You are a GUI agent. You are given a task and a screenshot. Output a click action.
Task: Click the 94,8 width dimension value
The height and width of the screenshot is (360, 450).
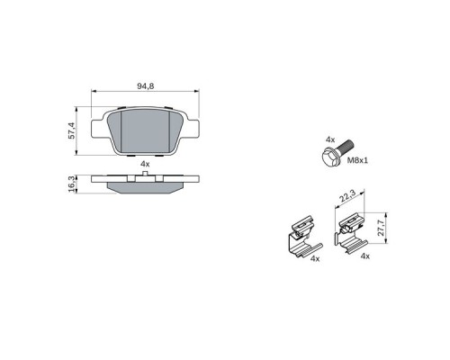pos(146,86)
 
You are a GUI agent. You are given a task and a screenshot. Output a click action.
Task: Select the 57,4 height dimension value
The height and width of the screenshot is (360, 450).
pos(71,130)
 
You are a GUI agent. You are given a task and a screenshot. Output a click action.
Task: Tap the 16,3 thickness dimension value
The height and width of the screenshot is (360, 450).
pos(71,184)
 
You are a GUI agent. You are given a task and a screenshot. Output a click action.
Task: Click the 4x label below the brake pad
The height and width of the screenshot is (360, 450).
pos(145,164)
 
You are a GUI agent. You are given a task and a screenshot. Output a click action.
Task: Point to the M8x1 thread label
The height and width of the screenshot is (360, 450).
pos(357,160)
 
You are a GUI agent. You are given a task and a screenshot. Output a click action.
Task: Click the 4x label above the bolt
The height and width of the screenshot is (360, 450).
pos(330,139)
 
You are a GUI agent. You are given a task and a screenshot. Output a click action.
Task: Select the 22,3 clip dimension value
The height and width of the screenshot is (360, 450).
pos(347,196)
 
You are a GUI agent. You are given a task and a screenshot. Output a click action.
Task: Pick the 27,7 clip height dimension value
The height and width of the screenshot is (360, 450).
pos(381,228)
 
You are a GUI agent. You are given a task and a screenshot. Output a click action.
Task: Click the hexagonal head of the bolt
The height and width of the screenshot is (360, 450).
pos(330,156)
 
